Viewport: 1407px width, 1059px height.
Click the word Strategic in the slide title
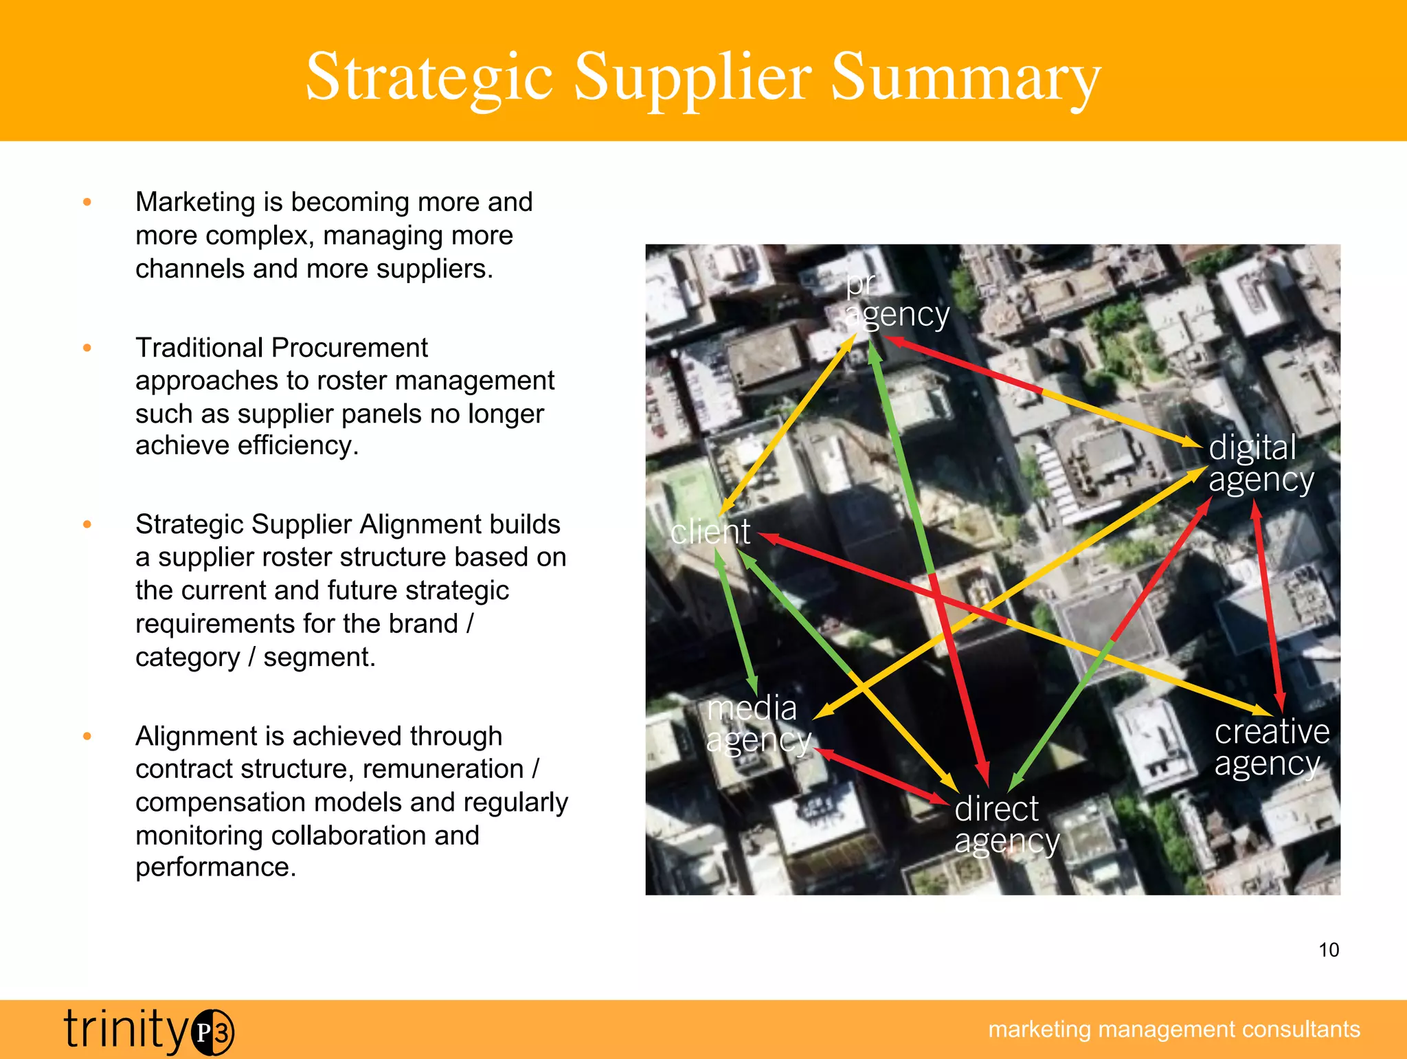pos(429,77)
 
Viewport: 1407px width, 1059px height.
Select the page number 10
pos(1329,950)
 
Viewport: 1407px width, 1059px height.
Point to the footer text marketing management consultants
pos(1173,1029)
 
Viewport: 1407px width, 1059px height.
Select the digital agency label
pos(1261,463)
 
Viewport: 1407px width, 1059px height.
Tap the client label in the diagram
pos(710,532)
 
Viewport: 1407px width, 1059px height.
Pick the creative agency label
pos(1271,748)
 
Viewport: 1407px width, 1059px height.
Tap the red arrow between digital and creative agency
pos(1268,605)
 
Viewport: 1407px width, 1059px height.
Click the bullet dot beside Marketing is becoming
pos(87,202)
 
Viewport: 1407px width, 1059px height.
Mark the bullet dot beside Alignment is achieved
pos(87,736)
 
